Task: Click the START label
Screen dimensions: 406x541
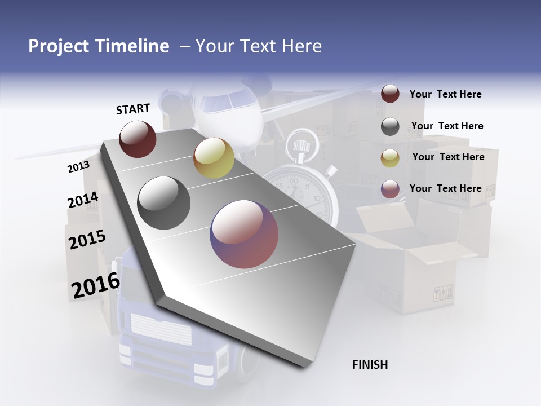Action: point(133,109)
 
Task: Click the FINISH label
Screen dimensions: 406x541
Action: point(370,365)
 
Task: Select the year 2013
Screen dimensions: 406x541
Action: point(78,166)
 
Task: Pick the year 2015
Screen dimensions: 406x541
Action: point(87,240)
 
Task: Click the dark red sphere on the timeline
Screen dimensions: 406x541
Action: point(138,139)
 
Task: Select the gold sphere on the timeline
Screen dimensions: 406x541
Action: point(214,158)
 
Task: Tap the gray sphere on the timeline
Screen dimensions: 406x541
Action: point(163,203)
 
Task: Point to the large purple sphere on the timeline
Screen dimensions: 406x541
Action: point(244,235)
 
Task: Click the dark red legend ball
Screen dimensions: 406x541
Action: point(390,94)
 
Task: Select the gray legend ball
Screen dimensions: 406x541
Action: point(390,126)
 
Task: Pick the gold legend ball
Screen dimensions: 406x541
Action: point(390,158)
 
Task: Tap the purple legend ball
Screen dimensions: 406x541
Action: point(390,189)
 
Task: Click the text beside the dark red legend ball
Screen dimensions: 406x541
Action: point(445,94)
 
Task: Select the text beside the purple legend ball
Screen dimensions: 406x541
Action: point(445,188)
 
